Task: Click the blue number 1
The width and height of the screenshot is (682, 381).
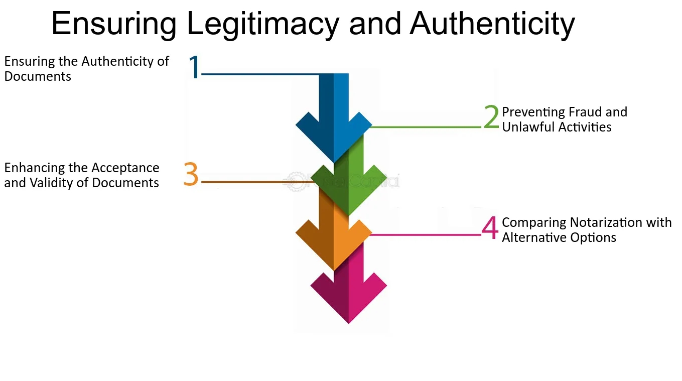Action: point(194,68)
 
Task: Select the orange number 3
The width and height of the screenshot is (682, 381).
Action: point(191,175)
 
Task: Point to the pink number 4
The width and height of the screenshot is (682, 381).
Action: point(490,228)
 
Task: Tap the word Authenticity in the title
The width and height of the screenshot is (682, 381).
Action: point(492,24)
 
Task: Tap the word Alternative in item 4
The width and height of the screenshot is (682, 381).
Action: point(535,237)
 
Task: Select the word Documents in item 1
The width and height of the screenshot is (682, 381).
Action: point(38,77)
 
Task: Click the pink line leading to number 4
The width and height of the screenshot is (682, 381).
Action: point(427,234)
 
